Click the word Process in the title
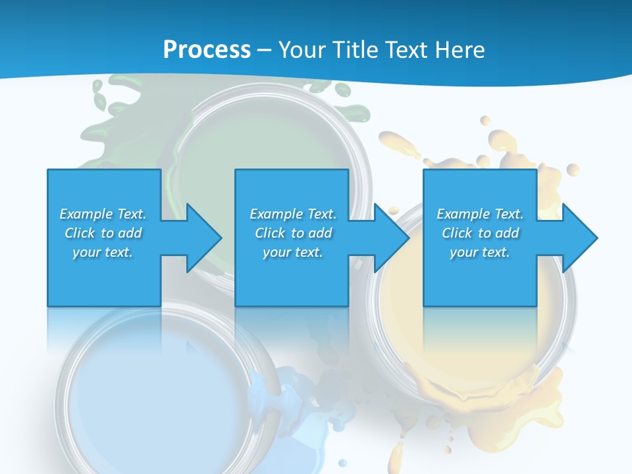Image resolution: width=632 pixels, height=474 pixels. [x=207, y=50]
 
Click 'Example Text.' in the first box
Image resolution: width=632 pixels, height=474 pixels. [x=103, y=214]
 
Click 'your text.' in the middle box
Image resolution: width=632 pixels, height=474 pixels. [x=292, y=252]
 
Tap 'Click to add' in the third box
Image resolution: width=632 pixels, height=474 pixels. [x=480, y=233]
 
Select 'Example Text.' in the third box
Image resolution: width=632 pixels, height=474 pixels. [x=480, y=214]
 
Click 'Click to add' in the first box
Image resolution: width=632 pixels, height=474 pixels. [x=103, y=233]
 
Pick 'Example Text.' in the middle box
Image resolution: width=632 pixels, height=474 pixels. [x=292, y=214]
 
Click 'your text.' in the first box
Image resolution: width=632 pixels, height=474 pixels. [x=103, y=252]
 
